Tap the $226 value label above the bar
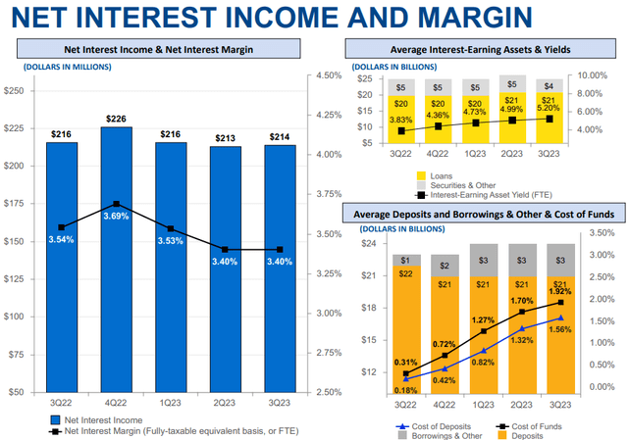(116, 121)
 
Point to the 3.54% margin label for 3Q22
(61, 240)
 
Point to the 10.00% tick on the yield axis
(595, 75)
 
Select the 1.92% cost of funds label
(560, 292)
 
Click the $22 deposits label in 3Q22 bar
(404, 274)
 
